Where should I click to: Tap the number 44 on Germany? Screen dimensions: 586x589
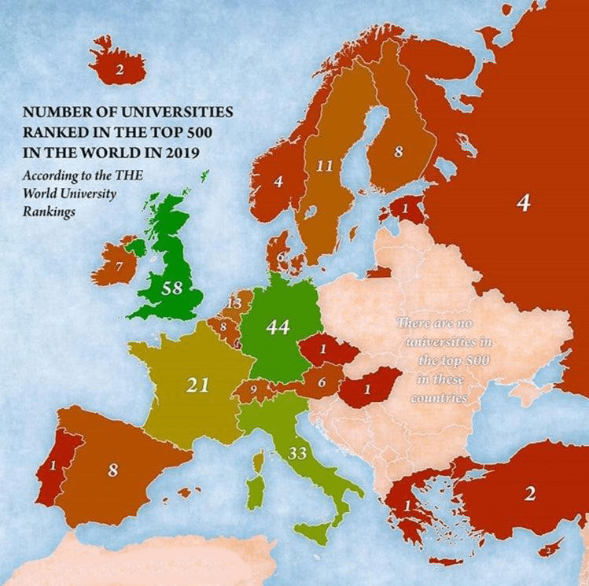[x=278, y=327]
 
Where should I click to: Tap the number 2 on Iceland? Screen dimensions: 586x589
[x=120, y=69]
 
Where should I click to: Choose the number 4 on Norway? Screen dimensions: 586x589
[x=278, y=181]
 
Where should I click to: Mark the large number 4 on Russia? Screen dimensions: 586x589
[x=523, y=203]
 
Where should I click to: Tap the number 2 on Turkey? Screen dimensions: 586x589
[x=530, y=494]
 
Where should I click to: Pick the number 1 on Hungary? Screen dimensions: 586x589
[x=368, y=388]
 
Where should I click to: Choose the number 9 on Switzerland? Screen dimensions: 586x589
[x=254, y=388]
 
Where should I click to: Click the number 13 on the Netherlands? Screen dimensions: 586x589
[x=234, y=303]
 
